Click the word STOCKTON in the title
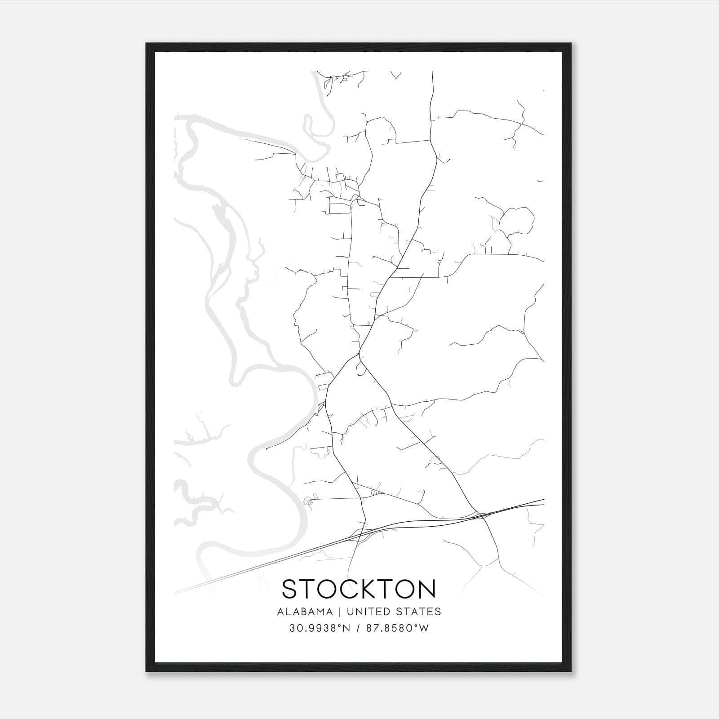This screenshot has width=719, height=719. (x=359, y=589)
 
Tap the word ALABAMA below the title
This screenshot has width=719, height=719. (x=305, y=612)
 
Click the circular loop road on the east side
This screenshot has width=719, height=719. (x=516, y=220)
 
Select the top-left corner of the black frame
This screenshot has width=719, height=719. (x=146, y=44)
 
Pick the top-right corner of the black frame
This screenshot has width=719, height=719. (x=571, y=44)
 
